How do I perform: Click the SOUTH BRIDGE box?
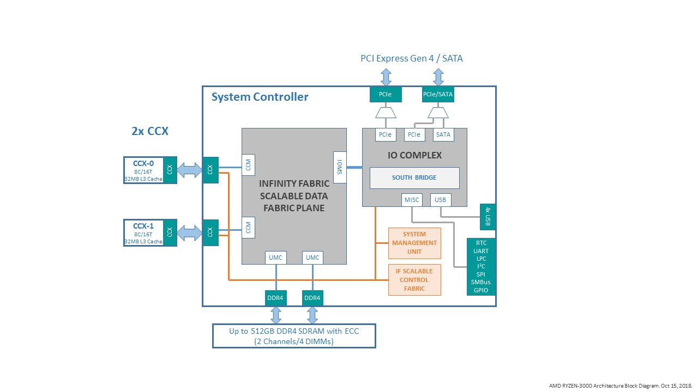point(414,178)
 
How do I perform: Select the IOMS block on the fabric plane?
point(340,167)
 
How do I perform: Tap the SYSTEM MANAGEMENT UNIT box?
point(414,243)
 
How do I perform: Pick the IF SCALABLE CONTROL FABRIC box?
point(414,280)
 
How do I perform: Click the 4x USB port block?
point(488,217)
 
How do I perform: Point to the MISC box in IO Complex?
point(412,200)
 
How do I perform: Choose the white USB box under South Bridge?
point(440,200)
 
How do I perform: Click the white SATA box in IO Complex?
point(443,134)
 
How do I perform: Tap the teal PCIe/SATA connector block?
point(438,94)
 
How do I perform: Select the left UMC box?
point(276,258)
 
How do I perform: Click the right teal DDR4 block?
point(312,298)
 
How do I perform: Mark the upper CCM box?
point(248,165)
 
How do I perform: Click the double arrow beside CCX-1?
point(189,232)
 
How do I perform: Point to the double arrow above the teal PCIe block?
point(386,77)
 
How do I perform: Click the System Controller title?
point(260,97)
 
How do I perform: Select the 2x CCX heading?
point(150,131)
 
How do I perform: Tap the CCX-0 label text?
point(143,163)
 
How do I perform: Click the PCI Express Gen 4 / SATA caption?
point(412,58)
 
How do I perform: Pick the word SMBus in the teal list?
point(481,282)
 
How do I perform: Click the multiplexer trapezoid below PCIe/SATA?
point(438,113)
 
